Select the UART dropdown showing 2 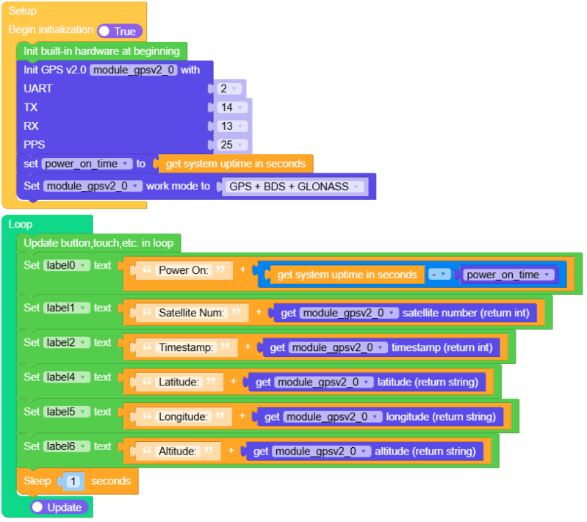(229, 89)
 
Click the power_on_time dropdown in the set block (87, 164)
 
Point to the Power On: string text (184, 270)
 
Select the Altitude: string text (179, 451)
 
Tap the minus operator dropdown (439, 275)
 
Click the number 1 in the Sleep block (74, 482)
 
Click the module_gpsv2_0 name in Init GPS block (134, 70)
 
